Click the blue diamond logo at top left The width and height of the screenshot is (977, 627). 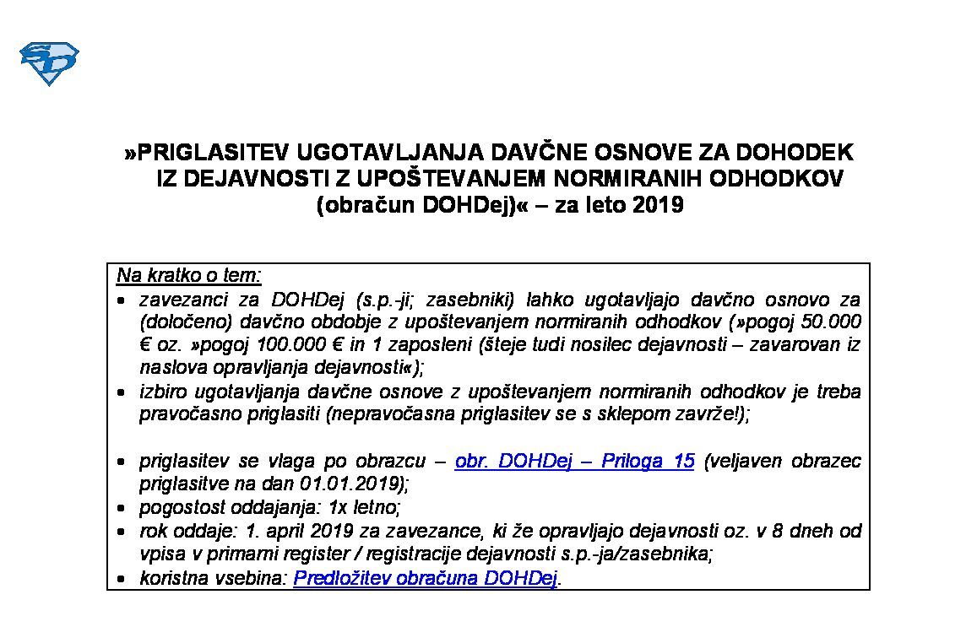pyautogui.click(x=48, y=63)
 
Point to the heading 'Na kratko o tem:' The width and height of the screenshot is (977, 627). pyautogui.click(x=189, y=276)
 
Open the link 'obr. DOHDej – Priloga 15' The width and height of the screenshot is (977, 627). pyautogui.click(x=574, y=461)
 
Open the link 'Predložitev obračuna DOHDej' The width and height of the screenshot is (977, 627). pyautogui.click(x=426, y=578)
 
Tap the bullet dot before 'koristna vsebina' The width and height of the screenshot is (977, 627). pyautogui.click(x=122, y=579)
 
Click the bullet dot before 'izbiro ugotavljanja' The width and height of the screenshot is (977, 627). pyautogui.click(x=122, y=393)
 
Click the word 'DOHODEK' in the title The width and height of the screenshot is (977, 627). pyautogui.click(x=793, y=153)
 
